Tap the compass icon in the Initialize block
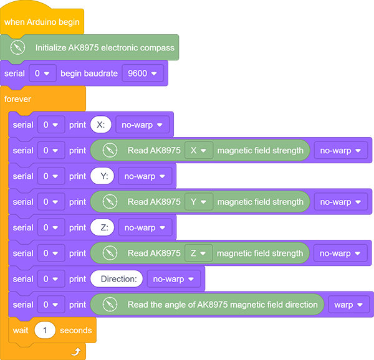(17, 47)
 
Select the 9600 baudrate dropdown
(143, 73)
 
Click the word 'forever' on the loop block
(17, 99)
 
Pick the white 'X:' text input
(101, 125)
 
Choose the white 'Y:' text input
(102, 176)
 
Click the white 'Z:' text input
(102, 227)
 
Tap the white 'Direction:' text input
(117, 279)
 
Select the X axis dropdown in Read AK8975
(199, 150)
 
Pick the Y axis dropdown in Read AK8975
(199, 202)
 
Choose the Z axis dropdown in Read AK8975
(198, 253)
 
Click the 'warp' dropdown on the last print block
(348, 305)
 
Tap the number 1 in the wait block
(45, 330)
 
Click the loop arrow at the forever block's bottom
(76, 351)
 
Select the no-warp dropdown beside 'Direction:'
(174, 279)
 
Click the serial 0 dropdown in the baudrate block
(42, 73)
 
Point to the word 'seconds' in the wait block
(76, 330)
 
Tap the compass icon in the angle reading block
(110, 305)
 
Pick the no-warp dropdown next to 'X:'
(142, 125)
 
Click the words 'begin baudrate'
(89, 73)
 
